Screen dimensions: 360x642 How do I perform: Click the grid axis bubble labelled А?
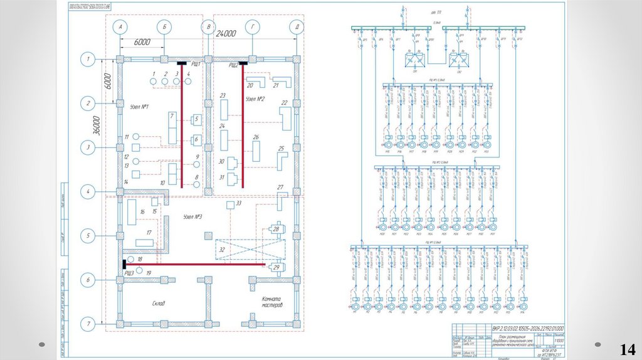coord(120,27)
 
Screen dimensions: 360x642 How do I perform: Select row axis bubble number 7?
coord(88,324)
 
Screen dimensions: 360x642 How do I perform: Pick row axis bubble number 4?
coord(88,191)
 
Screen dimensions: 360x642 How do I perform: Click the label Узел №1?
coord(139,107)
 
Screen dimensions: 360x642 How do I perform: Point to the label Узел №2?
coord(255,99)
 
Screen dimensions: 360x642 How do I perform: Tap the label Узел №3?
coord(192,217)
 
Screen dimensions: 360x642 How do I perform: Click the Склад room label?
coord(158,304)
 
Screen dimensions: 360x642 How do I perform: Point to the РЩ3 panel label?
coord(129,273)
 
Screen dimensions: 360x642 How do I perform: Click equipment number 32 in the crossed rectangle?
coord(221,250)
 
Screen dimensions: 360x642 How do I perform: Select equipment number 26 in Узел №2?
coord(255,137)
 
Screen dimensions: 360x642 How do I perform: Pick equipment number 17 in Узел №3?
coord(149,233)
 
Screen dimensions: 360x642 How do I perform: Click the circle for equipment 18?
coord(130,259)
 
